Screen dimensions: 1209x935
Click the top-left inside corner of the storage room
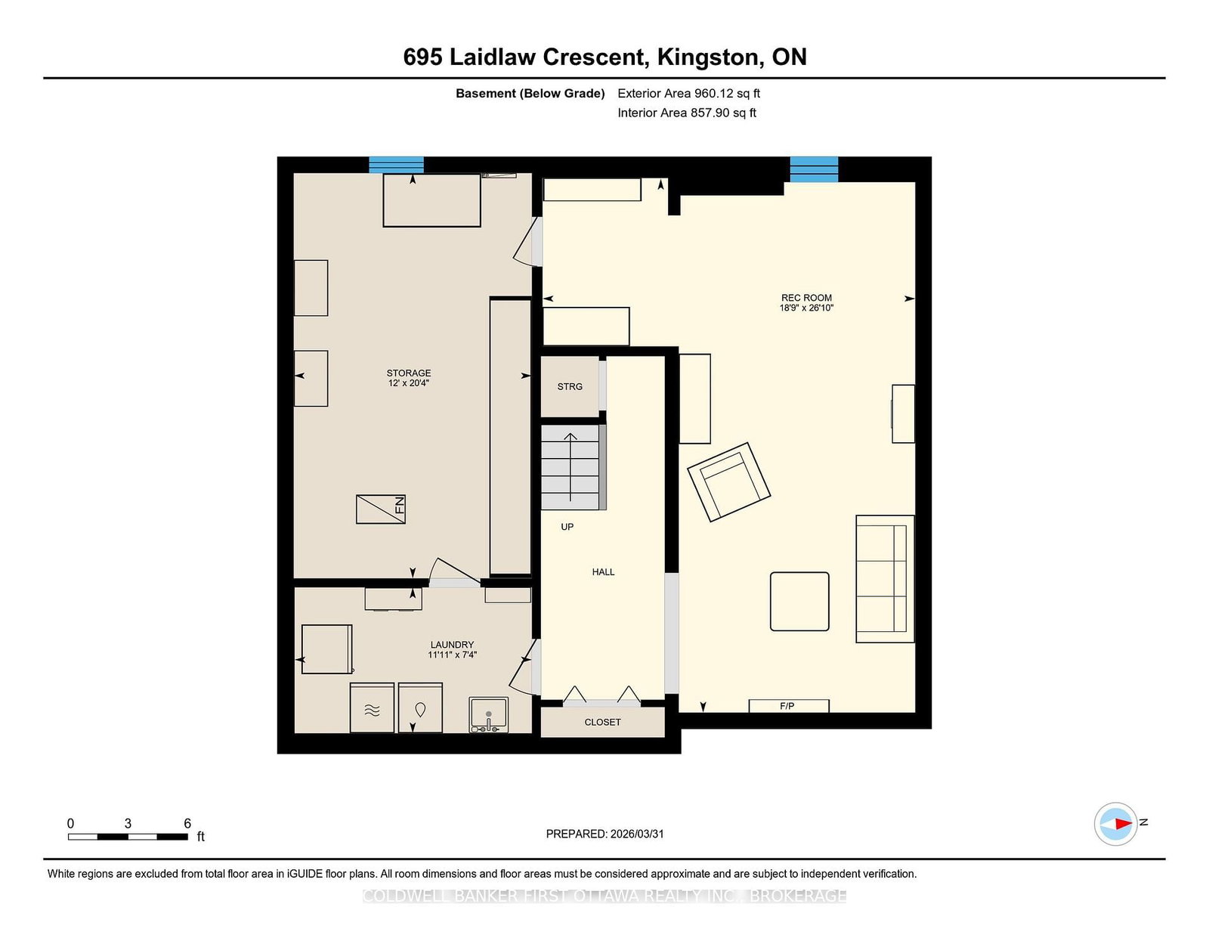coord(294,173)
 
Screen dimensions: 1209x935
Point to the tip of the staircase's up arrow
coord(570,433)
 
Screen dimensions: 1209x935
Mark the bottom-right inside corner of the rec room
coord(915,712)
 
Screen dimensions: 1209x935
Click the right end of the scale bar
coord(187,836)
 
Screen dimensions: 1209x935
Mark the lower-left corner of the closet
coord(541,738)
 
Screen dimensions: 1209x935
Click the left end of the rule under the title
coord(43,78)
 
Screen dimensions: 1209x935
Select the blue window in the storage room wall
coord(396,166)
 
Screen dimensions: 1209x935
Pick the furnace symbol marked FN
coord(381,509)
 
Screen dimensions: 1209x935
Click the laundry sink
coord(488,714)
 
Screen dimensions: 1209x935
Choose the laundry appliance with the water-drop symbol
coord(421,708)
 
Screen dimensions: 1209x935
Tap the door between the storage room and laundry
coord(454,572)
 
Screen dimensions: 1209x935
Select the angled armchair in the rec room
coord(729,482)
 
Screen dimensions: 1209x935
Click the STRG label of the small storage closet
coord(570,386)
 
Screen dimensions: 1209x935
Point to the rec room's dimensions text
coord(806,308)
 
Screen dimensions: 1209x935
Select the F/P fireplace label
coord(787,706)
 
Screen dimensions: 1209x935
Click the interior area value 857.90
coord(710,113)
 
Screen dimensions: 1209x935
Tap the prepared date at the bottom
coord(637,834)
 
